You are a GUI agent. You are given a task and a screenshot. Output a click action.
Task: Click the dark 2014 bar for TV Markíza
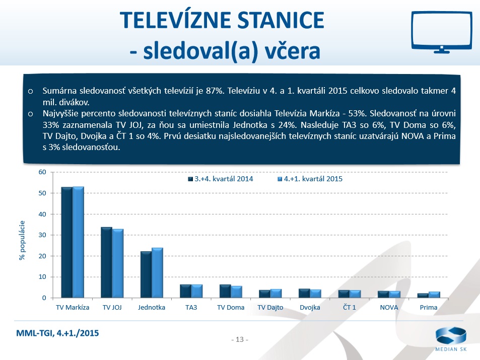pyautogui.click(x=66, y=242)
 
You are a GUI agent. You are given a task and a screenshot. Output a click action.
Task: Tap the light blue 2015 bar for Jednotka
pyautogui.click(x=157, y=273)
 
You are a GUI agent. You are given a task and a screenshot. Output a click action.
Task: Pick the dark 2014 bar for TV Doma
pyautogui.click(x=225, y=292)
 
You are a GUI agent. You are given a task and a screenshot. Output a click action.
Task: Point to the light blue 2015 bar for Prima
pyautogui.click(x=434, y=295)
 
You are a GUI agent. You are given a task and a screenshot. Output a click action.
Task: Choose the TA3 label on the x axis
pyautogui.click(x=191, y=307)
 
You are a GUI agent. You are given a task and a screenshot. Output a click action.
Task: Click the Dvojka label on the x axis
pyautogui.click(x=310, y=307)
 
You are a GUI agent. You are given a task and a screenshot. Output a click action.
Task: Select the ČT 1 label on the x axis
pyautogui.click(x=349, y=307)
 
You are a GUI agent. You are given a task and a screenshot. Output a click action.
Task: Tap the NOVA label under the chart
pyautogui.click(x=389, y=307)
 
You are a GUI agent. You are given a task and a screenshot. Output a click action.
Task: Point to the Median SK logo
pyautogui.click(x=451, y=340)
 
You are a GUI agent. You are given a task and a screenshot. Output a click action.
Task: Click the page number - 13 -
pyautogui.click(x=240, y=339)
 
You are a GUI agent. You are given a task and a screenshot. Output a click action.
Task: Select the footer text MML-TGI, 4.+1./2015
pyautogui.click(x=58, y=333)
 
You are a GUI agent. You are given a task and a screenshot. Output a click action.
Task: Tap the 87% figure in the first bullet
pyautogui.click(x=215, y=91)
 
